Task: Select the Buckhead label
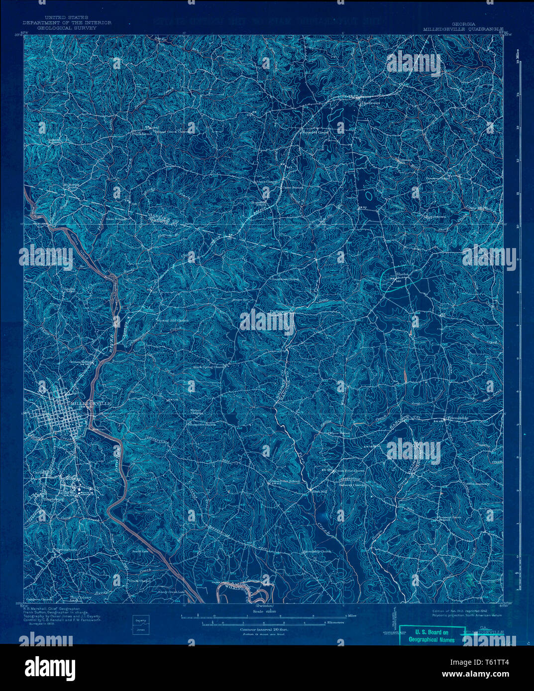141,134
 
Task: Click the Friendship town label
457,418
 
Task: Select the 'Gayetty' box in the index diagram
140,620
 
